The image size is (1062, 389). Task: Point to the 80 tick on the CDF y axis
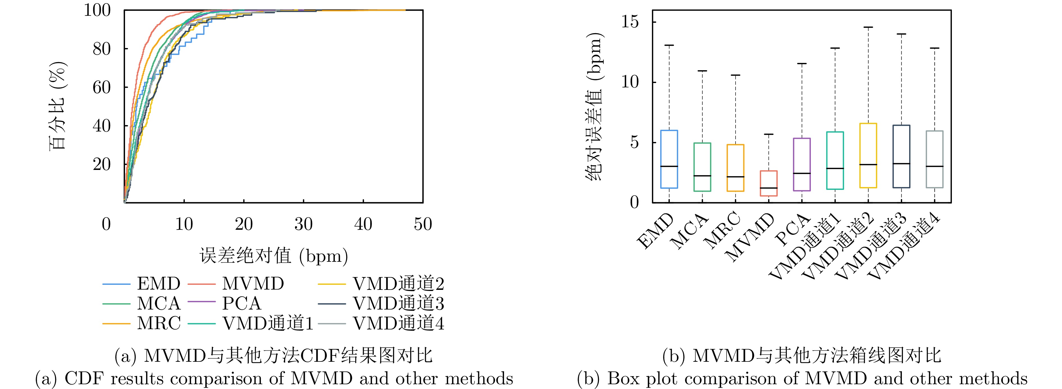(x=101, y=49)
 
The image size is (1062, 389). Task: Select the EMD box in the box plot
(x=669, y=159)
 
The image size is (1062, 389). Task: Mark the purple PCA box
(x=802, y=164)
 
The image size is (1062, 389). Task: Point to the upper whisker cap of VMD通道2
(x=868, y=27)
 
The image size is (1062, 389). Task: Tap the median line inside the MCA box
(x=702, y=176)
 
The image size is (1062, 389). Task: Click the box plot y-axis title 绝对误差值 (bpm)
(x=594, y=106)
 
